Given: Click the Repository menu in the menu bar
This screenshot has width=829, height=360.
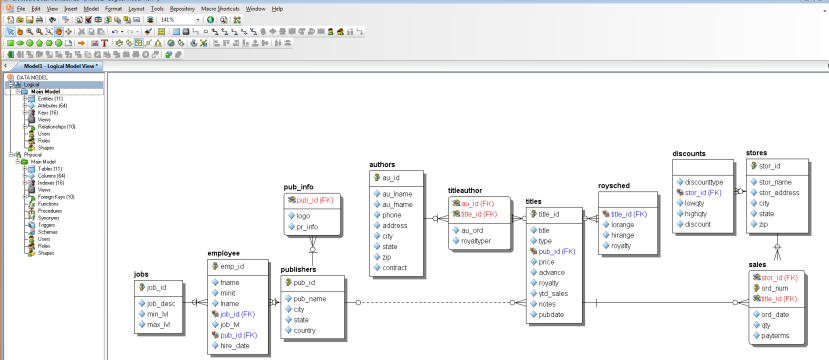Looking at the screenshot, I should pyautogui.click(x=181, y=8).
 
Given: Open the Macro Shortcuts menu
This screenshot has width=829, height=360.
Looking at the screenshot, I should pyautogui.click(x=220, y=8).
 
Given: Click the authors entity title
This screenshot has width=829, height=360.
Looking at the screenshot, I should pyautogui.click(x=382, y=163).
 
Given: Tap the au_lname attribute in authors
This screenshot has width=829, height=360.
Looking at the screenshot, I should pyautogui.click(x=397, y=193).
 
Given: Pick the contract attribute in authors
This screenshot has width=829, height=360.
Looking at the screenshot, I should pyautogui.click(x=395, y=268).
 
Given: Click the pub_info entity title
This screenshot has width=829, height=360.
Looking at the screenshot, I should pyautogui.click(x=298, y=186).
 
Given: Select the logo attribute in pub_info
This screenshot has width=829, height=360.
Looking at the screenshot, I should pyautogui.click(x=304, y=216).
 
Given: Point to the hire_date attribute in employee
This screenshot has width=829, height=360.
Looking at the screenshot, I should pyautogui.click(x=234, y=345).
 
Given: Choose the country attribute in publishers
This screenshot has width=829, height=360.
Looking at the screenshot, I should pyautogui.click(x=304, y=330).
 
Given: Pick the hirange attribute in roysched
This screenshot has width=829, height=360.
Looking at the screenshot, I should pyautogui.click(x=622, y=235).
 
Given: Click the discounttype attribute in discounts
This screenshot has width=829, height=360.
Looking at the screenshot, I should pyautogui.click(x=703, y=182).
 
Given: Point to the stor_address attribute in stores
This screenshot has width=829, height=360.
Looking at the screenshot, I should pyautogui.click(x=781, y=193).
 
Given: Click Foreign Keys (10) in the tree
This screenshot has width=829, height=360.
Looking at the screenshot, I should pyautogui.click(x=51, y=197).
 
